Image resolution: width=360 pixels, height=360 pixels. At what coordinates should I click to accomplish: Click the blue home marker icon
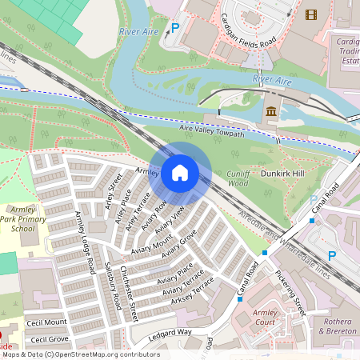[180, 172]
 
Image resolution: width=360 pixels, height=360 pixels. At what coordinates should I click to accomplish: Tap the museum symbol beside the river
[271, 110]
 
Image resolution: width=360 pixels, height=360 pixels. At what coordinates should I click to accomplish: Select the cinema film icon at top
[310, 14]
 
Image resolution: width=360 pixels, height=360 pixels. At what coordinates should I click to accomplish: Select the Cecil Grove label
[47, 339]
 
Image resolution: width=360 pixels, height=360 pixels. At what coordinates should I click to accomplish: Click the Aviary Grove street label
[179, 246]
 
